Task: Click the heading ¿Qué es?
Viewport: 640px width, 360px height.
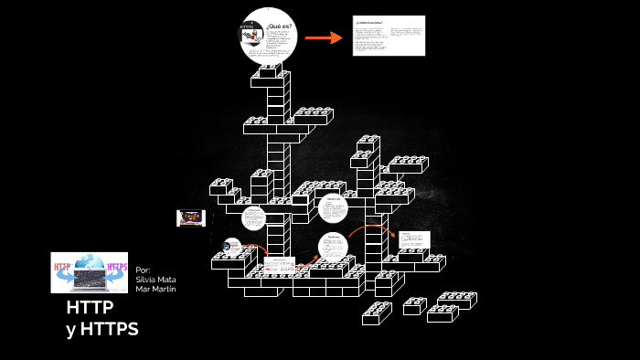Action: click(281, 26)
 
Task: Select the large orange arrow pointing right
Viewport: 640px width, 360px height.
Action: click(323, 37)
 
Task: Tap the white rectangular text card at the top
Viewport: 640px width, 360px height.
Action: click(389, 36)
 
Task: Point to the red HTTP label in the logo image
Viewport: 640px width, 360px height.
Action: click(63, 268)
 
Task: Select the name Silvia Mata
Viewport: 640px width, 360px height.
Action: click(155, 280)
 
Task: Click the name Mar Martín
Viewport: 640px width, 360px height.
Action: click(155, 290)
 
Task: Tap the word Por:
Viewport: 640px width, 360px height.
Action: click(143, 270)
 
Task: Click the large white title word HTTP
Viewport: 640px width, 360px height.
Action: click(90, 309)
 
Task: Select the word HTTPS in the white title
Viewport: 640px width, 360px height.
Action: click(109, 329)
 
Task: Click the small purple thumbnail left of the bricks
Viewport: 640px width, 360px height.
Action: click(190, 217)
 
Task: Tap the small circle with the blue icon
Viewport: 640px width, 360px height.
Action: click(233, 245)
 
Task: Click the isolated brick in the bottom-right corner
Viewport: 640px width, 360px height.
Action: click(457, 300)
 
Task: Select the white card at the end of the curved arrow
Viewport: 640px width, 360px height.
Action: click(412, 240)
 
